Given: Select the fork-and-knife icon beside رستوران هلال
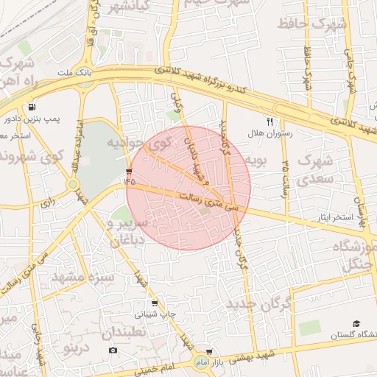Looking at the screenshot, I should [x=269, y=121].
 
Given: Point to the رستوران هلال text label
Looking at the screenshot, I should [x=269, y=133].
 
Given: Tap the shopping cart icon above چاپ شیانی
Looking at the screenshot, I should [x=153, y=303].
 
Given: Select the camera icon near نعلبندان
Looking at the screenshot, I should [x=113, y=349].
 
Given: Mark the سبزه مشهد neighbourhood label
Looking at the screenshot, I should [x=82, y=278].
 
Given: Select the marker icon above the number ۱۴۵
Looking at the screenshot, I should [x=129, y=171].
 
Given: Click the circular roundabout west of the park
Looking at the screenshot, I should [x=74, y=184].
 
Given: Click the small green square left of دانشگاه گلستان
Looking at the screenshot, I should [x=310, y=328].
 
